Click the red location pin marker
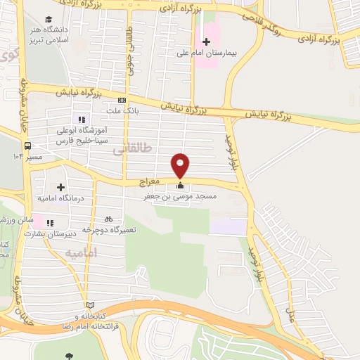click(x=181, y=165)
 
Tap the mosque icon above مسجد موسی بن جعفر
click(x=181, y=186)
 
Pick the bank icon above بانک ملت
click(x=122, y=101)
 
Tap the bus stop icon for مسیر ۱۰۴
click(x=27, y=146)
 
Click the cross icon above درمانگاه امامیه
click(x=61, y=187)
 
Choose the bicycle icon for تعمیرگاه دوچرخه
click(x=108, y=218)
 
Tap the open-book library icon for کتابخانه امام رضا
click(x=89, y=304)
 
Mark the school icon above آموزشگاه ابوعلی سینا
click(x=82, y=120)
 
